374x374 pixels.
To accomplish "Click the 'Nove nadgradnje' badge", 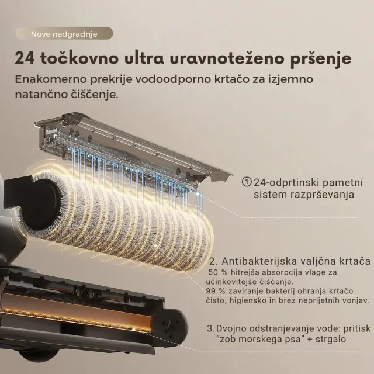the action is click(64, 33).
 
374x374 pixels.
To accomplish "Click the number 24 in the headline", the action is click(25, 58).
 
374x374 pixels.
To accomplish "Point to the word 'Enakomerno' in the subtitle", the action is click(51, 79).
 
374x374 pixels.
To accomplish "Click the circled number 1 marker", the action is click(247, 182).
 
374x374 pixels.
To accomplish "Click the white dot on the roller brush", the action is click(155, 245).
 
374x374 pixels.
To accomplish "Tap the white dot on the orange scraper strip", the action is click(134, 330).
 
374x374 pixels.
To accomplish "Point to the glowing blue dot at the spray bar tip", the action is click(198, 194).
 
